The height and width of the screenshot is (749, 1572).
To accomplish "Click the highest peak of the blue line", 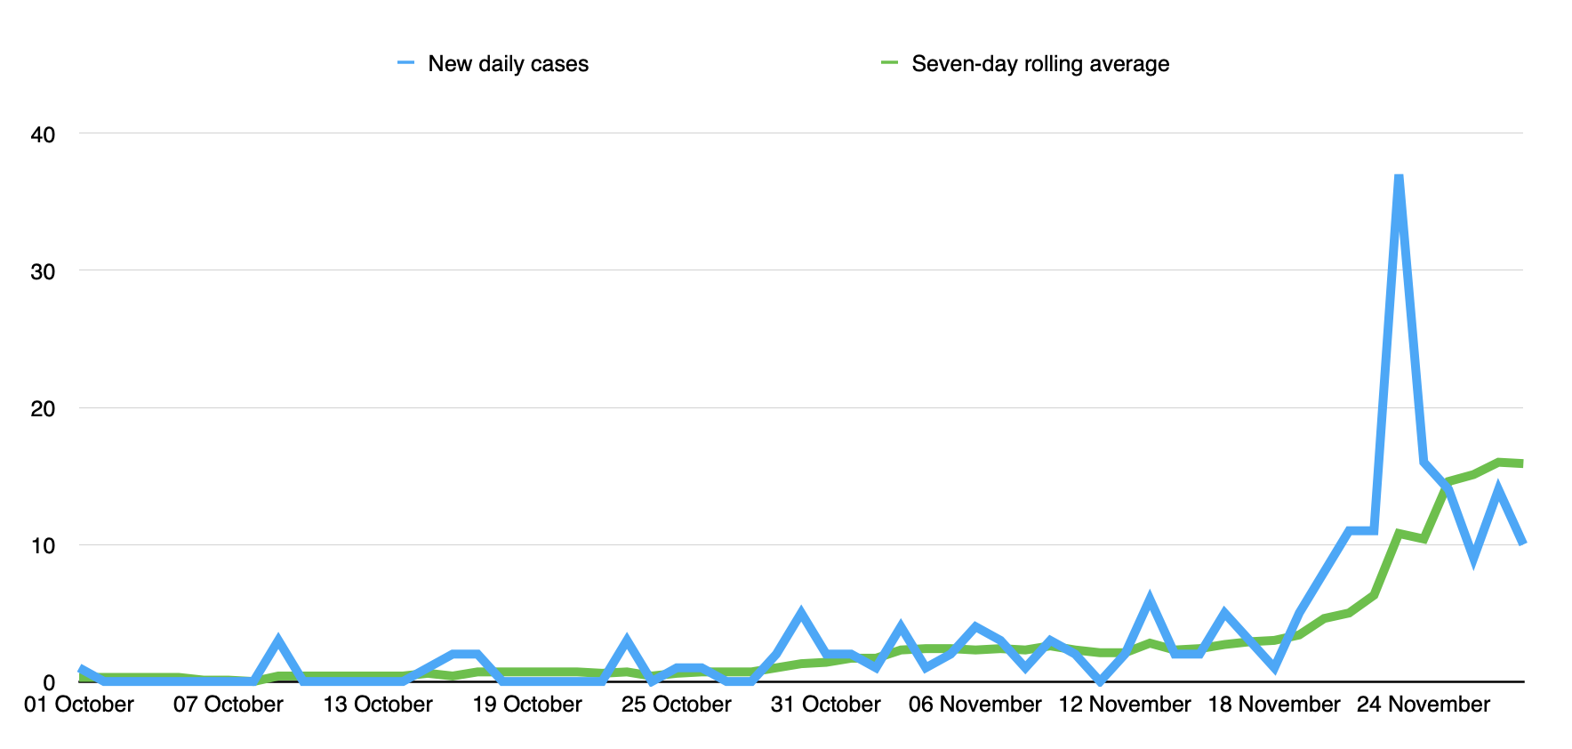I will click(1399, 179).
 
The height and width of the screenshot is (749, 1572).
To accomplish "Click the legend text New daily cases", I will click(508, 64).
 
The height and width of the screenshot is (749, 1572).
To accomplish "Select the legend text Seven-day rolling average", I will click(1040, 64).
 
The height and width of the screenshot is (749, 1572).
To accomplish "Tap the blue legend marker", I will click(406, 63).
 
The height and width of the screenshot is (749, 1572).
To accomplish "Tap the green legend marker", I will click(890, 63).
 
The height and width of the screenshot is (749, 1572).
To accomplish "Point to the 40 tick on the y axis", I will click(43, 135).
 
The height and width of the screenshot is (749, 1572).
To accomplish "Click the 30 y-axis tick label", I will click(43, 272).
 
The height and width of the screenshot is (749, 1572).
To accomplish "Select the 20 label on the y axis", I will click(43, 409).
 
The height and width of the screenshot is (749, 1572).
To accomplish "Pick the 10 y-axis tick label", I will click(43, 546).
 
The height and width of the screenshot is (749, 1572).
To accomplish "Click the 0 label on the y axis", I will click(49, 683).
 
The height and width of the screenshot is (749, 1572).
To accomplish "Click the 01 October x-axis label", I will click(79, 705).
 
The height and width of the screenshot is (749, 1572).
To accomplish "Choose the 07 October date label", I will click(229, 705).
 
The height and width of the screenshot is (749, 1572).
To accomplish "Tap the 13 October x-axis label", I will click(378, 705).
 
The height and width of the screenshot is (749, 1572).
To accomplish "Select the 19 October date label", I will click(527, 705).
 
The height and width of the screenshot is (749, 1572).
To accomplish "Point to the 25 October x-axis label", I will click(677, 705).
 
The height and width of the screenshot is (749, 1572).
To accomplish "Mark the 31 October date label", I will click(826, 705).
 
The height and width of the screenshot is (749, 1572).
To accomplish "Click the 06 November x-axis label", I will click(975, 705).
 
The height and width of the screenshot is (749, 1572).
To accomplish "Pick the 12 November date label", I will click(1125, 705).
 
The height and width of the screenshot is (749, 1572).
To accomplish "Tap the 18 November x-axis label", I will click(1274, 705).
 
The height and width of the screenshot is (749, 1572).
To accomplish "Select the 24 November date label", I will click(1424, 705).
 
